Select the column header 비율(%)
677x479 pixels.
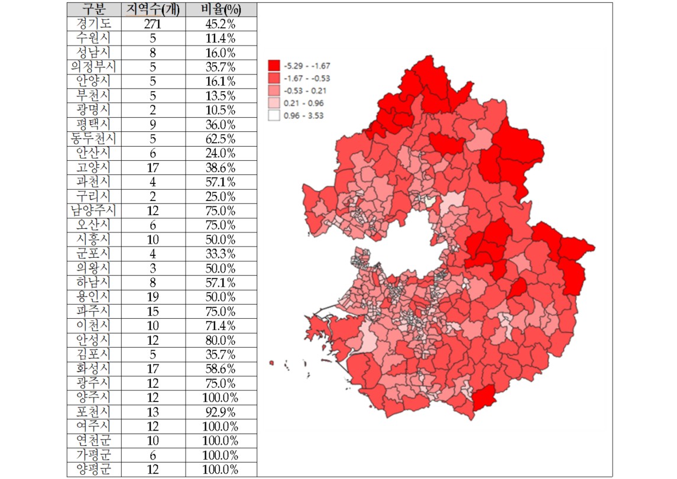[x=221, y=9]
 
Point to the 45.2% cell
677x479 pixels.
[x=221, y=24]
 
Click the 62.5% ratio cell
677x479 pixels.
[x=221, y=139]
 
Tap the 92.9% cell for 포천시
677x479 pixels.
[x=221, y=412]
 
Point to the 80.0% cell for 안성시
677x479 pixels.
[x=221, y=340]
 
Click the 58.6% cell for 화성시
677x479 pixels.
[x=221, y=369]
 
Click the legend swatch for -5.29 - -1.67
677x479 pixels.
[x=274, y=65]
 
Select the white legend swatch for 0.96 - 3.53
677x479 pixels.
[x=274, y=116]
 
